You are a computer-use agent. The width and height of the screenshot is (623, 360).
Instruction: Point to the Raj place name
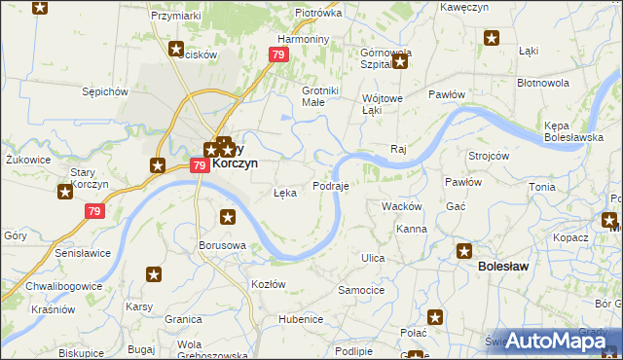pos(397,148)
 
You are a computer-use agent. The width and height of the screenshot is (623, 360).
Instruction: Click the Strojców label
pos(489,156)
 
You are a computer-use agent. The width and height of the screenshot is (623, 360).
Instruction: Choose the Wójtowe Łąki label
pos(382,104)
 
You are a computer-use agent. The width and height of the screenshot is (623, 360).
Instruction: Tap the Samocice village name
pos(361,290)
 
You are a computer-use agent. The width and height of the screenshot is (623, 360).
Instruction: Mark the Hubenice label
pos(300,318)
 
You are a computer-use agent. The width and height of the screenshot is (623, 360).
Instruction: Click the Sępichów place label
pos(106,91)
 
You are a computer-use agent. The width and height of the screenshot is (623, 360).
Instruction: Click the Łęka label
pos(285,193)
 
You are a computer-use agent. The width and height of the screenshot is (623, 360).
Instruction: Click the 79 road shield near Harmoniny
pos(279,55)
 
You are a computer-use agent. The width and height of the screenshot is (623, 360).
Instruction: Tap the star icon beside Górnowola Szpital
pos(399,63)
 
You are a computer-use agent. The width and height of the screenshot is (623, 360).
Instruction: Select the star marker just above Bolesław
pos(464,251)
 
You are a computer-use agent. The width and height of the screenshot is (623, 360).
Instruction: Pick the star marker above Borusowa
pos(228,217)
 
